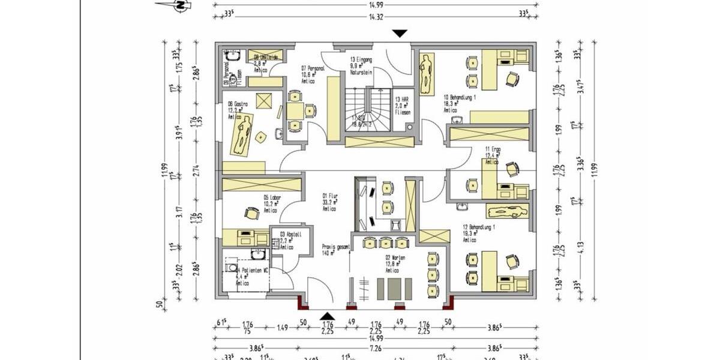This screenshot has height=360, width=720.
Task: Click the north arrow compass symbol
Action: [178, 5]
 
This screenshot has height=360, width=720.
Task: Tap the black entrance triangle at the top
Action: [399, 34]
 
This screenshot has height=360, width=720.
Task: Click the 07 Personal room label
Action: [313, 68]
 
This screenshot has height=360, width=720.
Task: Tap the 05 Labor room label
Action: [272, 197]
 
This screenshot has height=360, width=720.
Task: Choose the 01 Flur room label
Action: [329, 196]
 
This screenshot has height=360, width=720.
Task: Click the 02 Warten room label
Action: [395, 258]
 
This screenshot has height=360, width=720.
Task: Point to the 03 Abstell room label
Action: [286, 235]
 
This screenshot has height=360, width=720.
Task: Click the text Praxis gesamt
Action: [336, 247]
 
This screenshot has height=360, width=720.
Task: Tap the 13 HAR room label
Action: [401, 100]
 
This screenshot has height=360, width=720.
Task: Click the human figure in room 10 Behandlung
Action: [427, 74]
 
